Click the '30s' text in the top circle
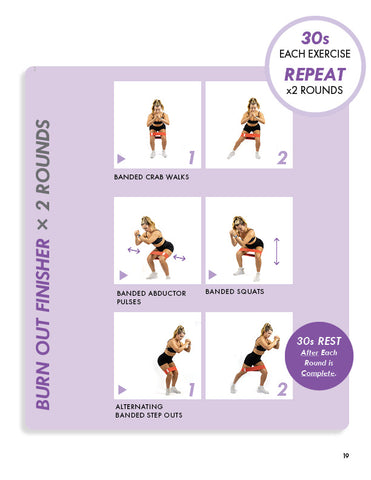(x=315, y=38)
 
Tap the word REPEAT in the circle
(x=315, y=74)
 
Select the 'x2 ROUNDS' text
(x=315, y=90)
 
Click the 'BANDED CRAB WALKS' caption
(x=152, y=177)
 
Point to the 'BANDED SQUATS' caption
(x=235, y=292)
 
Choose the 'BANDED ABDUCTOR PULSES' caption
(x=151, y=297)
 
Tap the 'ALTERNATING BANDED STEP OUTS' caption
(x=149, y=411)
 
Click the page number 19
(x=346, y=455)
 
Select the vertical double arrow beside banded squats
(x=276, y=251)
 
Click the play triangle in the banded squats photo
(x=212, y=275)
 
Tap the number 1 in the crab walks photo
(x=191, y=157)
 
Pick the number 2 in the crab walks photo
(x=282, y=158)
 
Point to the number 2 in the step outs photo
(x=282, y=389)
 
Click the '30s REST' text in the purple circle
(x=319, y=341)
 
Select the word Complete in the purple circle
(x=319, y=373)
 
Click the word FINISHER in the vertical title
(x=43, y=275)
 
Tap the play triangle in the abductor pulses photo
(x=124, y=275)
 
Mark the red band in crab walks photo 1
(x=158, y=134)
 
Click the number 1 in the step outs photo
(x=191, y=389)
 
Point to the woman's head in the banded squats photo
(x=239, y=222)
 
